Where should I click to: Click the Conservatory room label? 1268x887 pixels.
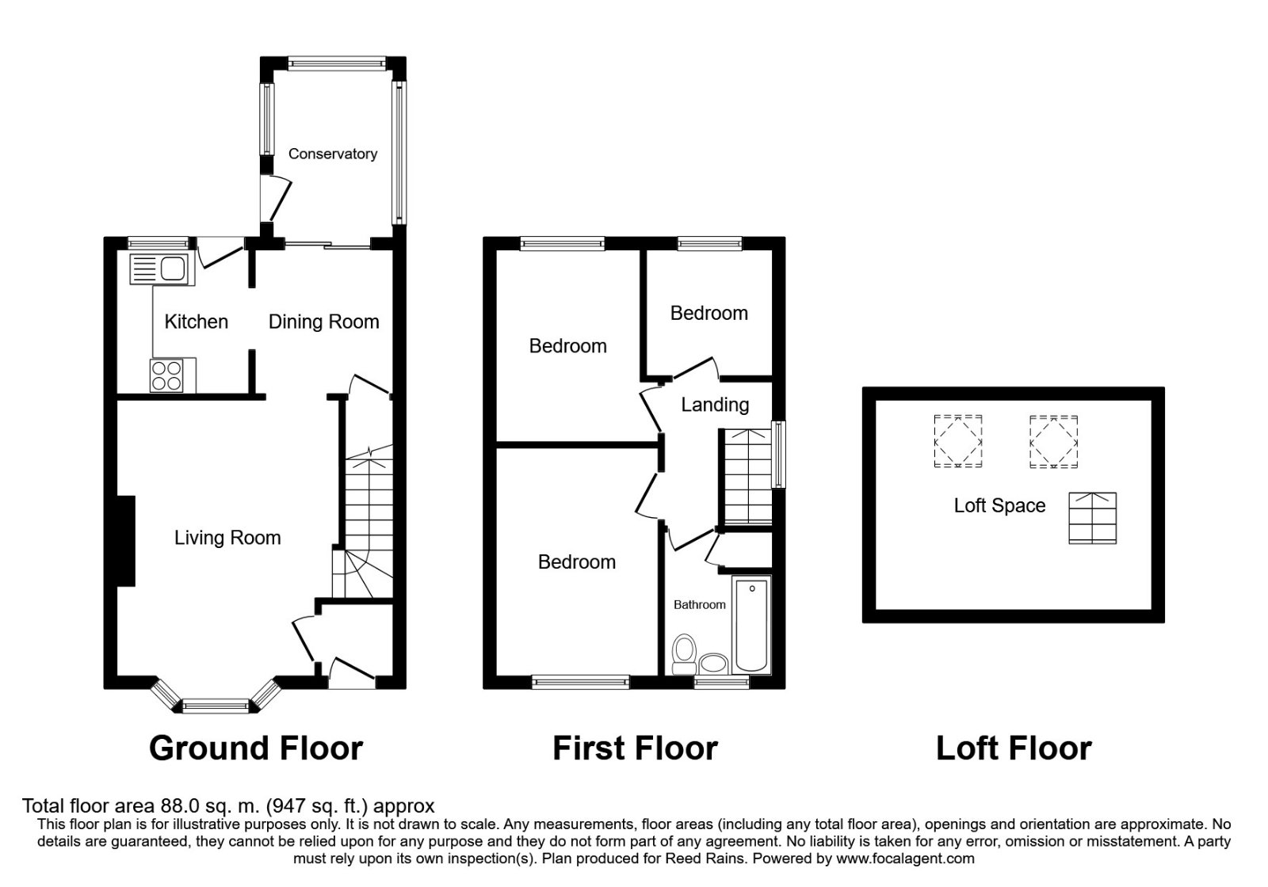pos(332,154)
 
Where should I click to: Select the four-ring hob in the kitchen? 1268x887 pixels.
pos(166,375)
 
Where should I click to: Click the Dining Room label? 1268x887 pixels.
pos(323,322)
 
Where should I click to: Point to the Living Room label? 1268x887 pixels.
pos(227,538)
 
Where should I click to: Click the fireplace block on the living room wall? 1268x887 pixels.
pos(126,541)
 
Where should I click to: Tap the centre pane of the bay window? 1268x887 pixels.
pos(216,704)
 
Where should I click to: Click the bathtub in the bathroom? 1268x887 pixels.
pos(752,626)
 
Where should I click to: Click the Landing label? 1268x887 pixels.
pos(715,405)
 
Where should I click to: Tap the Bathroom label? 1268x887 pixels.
pos(699,605)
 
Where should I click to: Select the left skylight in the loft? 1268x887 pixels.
pos(958,441)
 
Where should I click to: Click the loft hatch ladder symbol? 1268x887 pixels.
pos(1092,518)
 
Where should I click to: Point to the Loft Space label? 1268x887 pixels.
pos(999,505)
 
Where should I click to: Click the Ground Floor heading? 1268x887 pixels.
pos(255,748)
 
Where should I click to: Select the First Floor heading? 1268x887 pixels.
pos(635,748)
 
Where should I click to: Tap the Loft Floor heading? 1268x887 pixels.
pos(1014,748)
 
